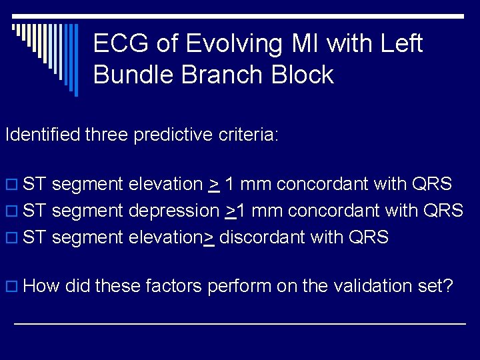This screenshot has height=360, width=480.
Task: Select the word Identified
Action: point(45,135)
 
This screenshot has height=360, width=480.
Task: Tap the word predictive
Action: point(173,135)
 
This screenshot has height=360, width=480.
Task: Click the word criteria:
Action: point(248,135)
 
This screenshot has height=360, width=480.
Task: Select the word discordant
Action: point(262,237)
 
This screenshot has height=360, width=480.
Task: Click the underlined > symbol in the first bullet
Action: point(214,185)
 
